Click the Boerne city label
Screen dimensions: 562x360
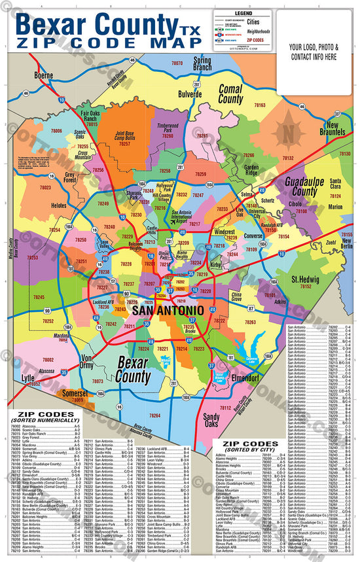click(x=44, y=75)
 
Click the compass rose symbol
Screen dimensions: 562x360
click(x=287, y=129)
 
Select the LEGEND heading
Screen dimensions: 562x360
click(x=243, y=13)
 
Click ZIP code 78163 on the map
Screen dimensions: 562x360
click(x=260, y=105)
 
